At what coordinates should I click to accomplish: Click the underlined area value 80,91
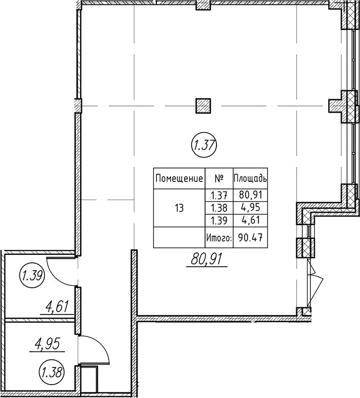(207, 260)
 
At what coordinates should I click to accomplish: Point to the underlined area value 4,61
(57, 307)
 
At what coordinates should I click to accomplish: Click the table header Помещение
(179, 178)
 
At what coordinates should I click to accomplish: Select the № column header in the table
(219, 178)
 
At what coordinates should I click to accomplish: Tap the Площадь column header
(250, 178)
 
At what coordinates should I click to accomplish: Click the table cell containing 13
(179, 209)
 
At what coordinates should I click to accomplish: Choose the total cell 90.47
(250, 238)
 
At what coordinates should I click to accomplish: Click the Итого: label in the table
(219, 238)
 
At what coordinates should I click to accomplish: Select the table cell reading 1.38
(219, 208)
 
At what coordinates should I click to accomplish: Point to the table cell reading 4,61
(250, 220)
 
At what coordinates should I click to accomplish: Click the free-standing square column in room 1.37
(203, 105)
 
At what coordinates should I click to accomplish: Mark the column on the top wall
(203, 6)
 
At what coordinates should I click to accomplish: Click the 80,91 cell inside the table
(250, 195)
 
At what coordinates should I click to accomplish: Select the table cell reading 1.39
(219, 220)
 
